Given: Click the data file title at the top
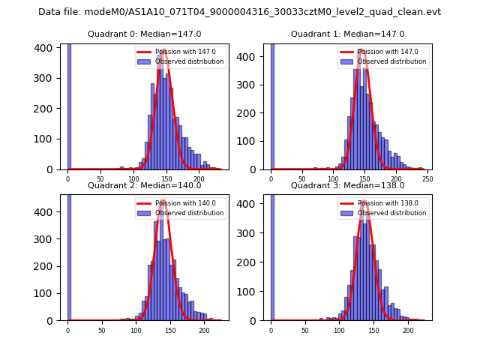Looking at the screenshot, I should pyautogui.click(x=239, y=12).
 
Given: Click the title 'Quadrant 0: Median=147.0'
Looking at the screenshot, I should pyautogui.click(x=144, y=34).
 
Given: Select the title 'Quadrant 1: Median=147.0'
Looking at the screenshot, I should pyautogui.click(x=347, y=34).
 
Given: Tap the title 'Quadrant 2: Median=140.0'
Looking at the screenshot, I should pyautogui.click(x=144, y=185).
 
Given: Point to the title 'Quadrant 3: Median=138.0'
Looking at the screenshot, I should pyautogui.click(x=347, y=185).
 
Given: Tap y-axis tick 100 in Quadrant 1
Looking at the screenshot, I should pyautogui.click(x=252, y=141).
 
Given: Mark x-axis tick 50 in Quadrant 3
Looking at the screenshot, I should pyautogui.click(x=304, y=329).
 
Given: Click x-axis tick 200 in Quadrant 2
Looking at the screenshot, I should pyautogui.click(x=204, y=329).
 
